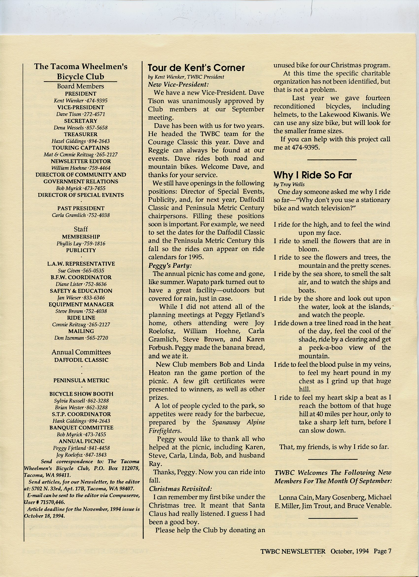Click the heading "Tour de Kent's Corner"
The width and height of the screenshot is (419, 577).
(196, 68)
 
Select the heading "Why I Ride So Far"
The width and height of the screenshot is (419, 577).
(313, 175)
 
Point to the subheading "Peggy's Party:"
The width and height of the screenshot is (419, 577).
(170, 266)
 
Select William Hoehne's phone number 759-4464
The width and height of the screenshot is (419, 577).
(99, 168)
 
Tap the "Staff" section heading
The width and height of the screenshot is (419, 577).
(81, 229)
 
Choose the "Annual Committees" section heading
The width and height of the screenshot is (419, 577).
(81, 352)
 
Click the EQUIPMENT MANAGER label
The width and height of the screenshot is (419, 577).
(81, 304)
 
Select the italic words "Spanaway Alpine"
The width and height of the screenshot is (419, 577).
(239, 422)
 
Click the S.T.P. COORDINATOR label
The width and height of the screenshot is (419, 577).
(81, 414)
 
